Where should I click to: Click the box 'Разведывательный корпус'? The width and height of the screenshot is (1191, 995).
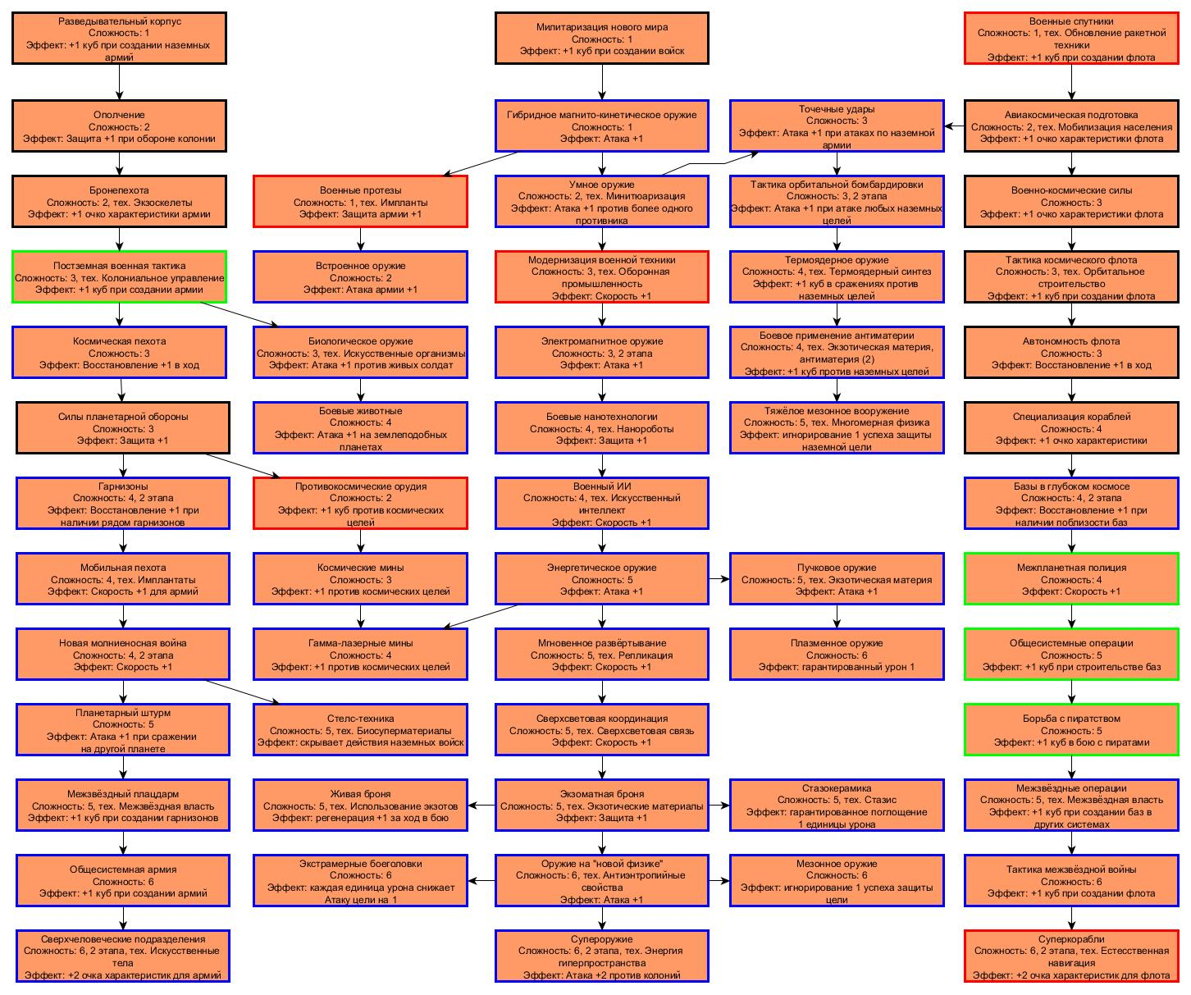(x=119, y=39)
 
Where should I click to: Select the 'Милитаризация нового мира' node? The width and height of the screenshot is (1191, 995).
(x=602, y=39)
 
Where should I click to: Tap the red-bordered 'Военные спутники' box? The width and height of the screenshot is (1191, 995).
(x=1071, y=39)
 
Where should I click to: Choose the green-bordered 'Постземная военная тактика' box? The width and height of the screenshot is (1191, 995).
(x=119, y=277)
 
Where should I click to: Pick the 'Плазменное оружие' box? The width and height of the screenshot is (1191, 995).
(x=837, y=655)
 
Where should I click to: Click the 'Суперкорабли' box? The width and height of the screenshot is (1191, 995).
(x=1071, y=956)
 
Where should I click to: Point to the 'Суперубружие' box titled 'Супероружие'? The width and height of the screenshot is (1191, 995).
(x=602, y=956)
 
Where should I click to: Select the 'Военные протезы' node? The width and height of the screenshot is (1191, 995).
(x=360, y=202)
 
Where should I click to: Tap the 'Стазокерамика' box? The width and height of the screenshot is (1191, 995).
(x=837, y=806)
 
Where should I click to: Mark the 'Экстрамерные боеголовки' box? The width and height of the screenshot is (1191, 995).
(x=360, y=881)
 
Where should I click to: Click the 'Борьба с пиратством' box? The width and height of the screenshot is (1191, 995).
(x=1071, y=730)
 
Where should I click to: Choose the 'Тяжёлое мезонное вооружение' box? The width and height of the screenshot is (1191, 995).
(x=837, y=428)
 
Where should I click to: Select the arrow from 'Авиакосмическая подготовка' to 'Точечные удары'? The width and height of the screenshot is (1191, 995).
(x=954, y=126)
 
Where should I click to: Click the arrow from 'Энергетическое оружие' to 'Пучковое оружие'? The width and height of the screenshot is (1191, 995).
(x=719, y=579)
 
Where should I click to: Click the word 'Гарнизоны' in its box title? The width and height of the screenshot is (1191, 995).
(x=123, y=486)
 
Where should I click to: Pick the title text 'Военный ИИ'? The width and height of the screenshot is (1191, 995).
(x=602, y=486)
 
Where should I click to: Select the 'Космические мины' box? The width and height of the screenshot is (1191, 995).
(x=360, y=579)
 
